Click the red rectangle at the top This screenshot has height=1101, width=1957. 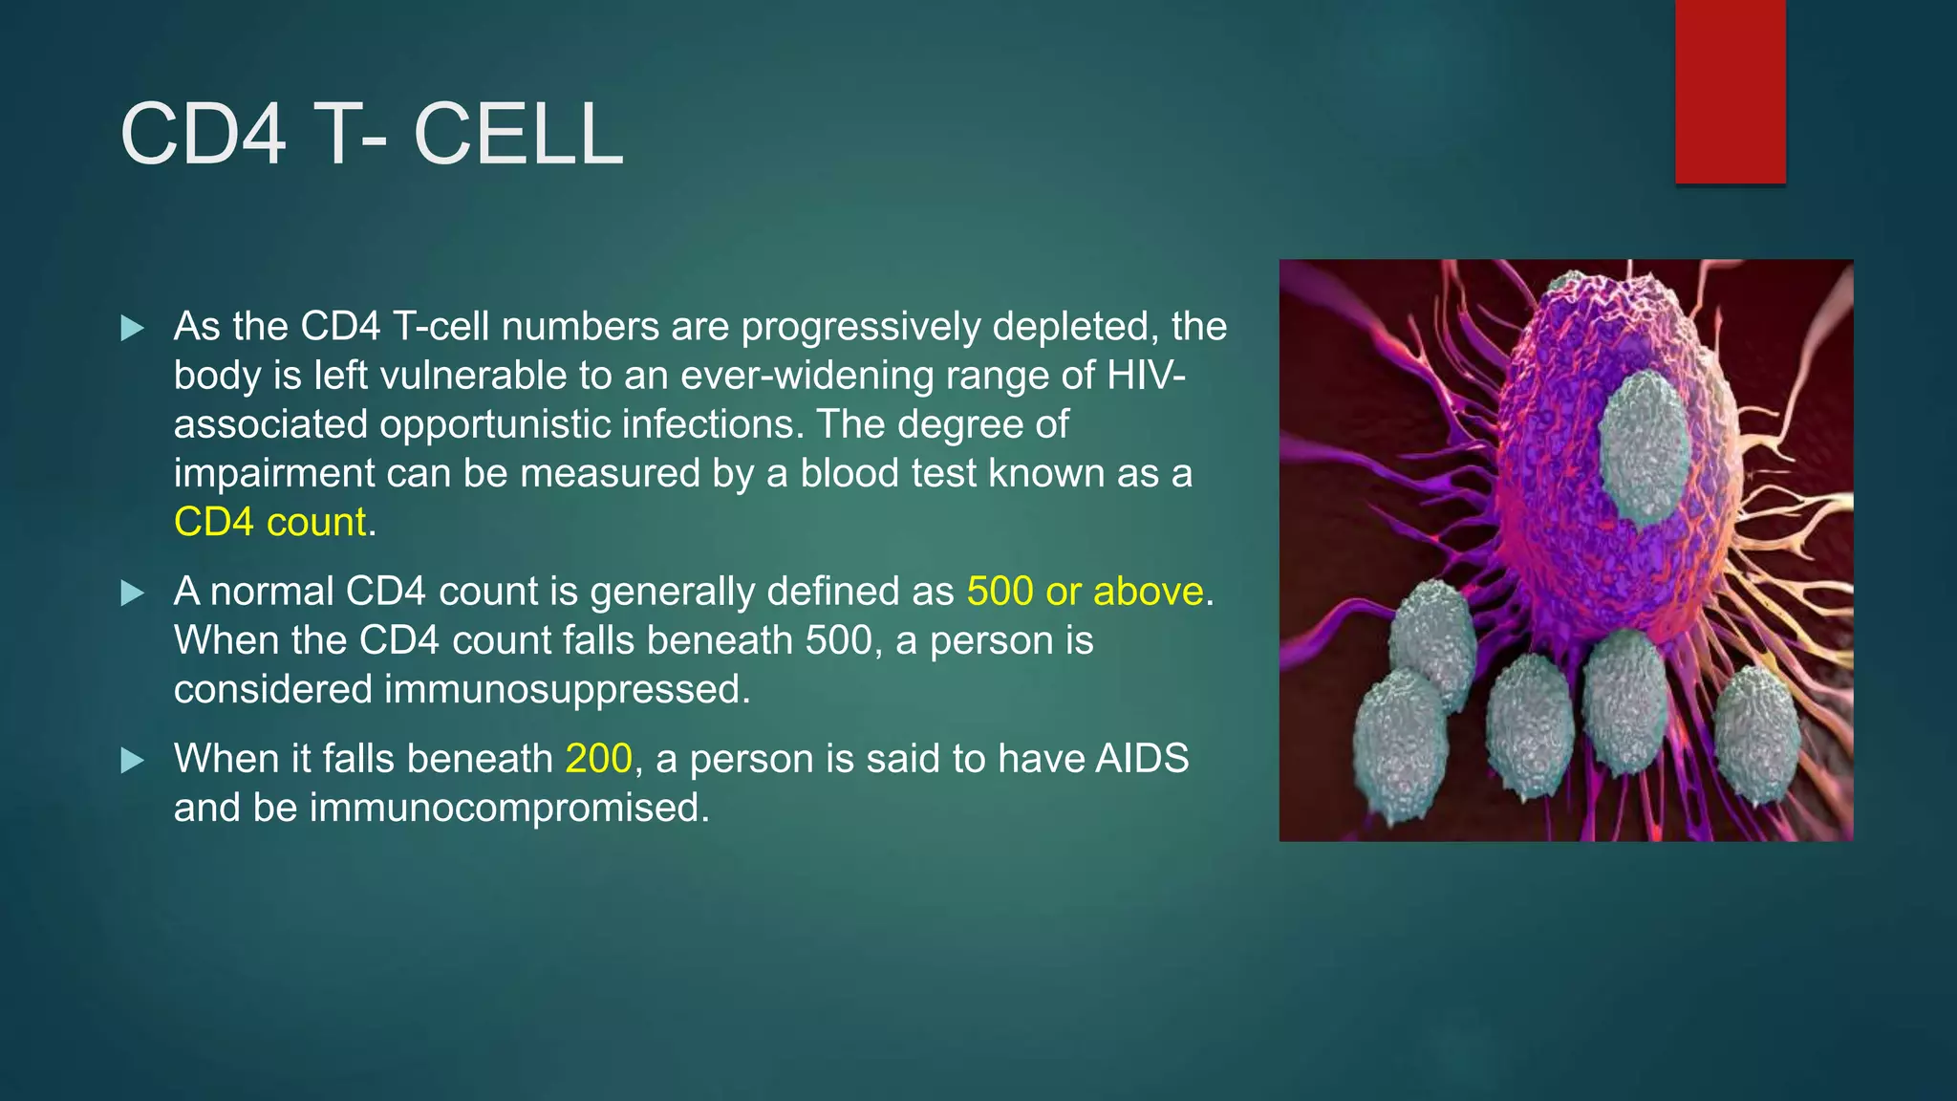coord(1730,92)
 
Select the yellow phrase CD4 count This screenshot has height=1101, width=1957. coord(270,523)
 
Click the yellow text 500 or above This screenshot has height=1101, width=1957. coord(1085,592)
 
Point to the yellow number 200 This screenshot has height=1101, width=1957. coord(599,759)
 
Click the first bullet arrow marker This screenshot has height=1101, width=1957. coord(133,329)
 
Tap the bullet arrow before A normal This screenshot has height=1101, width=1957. coord(133,594)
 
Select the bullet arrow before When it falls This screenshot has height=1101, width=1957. coord(133,761)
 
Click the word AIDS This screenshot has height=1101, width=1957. coord(1142,759)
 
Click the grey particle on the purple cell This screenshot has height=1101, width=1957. coord(1645,449)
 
